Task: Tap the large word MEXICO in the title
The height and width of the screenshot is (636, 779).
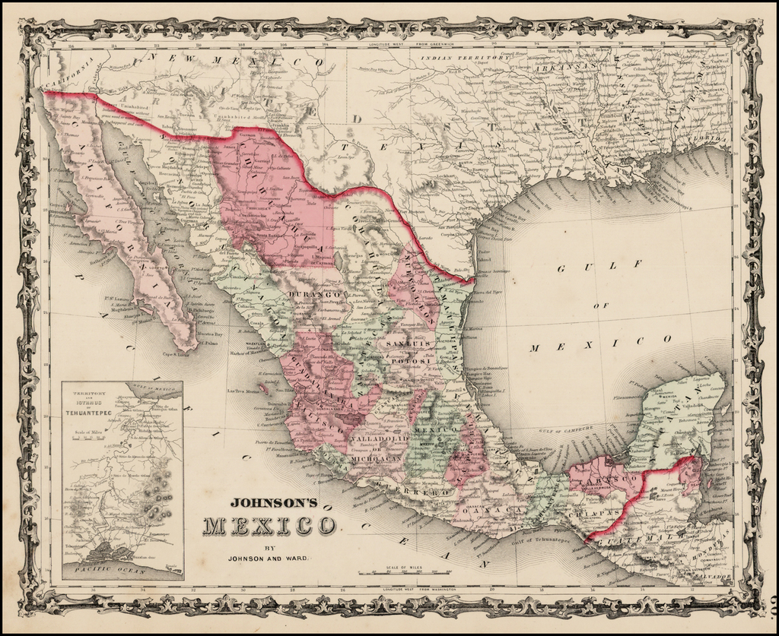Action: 269,526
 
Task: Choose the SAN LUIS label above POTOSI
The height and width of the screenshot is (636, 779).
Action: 409,344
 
